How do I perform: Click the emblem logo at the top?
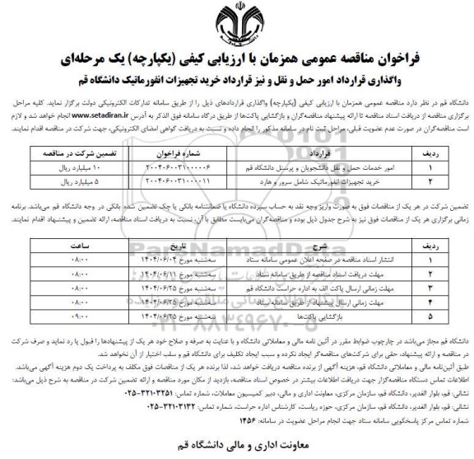tap(237, 22)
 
